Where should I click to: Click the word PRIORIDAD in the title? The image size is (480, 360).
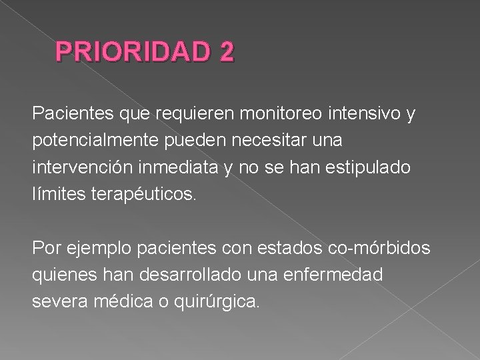tap(132, 53)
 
